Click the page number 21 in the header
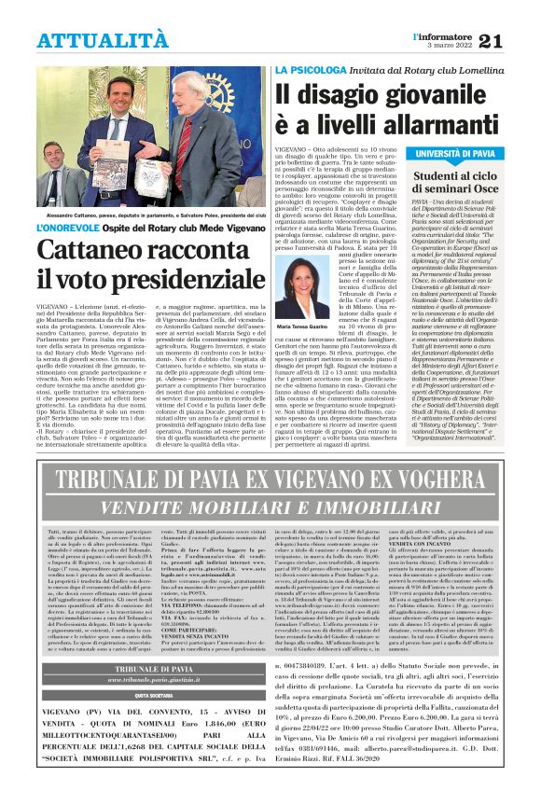coord(519,14)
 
